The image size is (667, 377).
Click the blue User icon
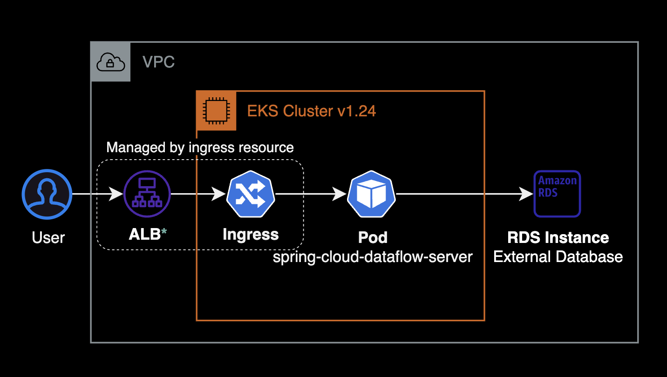click(47, 194)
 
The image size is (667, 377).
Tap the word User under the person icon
click(48, 237)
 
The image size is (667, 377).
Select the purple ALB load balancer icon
click(147, 194)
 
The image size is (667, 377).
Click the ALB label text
click(144, 234)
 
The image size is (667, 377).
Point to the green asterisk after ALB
click(164, 231)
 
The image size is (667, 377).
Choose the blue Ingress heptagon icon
click(251, 194)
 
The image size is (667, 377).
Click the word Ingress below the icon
click(251, 234)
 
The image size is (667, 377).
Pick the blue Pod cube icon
click(371, 194)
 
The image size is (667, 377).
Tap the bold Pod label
click(373, 237)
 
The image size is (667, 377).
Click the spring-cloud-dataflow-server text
click(373, 256)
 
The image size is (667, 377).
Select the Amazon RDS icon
click(557, 194)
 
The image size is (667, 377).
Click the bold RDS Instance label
click(558, 237)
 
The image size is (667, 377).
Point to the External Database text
click(558, 256)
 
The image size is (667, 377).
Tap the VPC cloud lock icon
click(110, 62)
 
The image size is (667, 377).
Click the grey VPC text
click(158, 62)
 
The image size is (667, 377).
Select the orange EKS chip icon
click(216, 111)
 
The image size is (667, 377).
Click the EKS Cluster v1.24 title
click(312, 111)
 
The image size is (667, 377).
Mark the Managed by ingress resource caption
click(200, 148)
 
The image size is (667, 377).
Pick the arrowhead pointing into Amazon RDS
click(526, 194)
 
